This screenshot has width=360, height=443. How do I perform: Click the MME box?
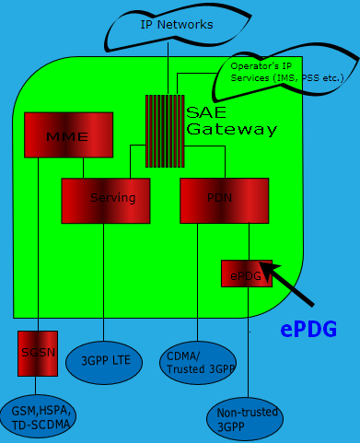point(68,134)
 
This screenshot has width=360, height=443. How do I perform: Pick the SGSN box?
point(38,353)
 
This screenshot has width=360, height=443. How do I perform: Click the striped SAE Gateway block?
point(165,131)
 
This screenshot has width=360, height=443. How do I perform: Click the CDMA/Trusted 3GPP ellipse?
point(196,360)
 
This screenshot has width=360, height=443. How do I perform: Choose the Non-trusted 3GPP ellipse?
point(246,419)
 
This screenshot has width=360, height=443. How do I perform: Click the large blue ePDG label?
point(308,329)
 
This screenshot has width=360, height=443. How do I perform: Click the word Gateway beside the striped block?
point(230,130)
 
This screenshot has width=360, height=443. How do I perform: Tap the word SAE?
point(204,112)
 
